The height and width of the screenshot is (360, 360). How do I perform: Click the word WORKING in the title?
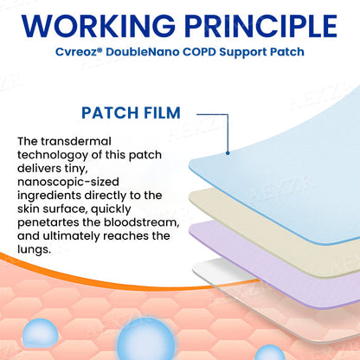pyautogui.click(x=97, y=28)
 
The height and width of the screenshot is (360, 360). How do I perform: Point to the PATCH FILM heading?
pyautogui.click(x=130, y=112)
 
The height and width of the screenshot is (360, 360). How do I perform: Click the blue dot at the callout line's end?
pyautogui.click(x=227, y=153)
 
